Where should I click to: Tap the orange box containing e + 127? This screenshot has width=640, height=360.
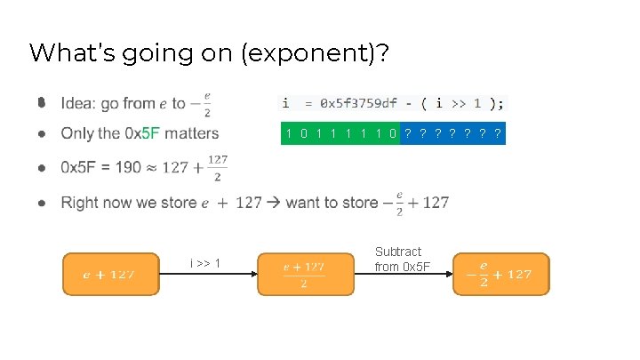[109, 274]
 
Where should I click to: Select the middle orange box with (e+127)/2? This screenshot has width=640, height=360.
[303, 274]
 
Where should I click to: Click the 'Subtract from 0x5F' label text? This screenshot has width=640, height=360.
[398, 260]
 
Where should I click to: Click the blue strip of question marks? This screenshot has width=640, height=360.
[452, 134]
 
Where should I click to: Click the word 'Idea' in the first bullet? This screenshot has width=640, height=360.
[77, 103]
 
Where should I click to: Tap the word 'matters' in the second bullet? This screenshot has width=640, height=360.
[191, 134]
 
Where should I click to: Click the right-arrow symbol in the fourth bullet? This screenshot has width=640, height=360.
[274, 203]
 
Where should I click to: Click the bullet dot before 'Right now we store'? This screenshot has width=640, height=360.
[42, 204]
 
